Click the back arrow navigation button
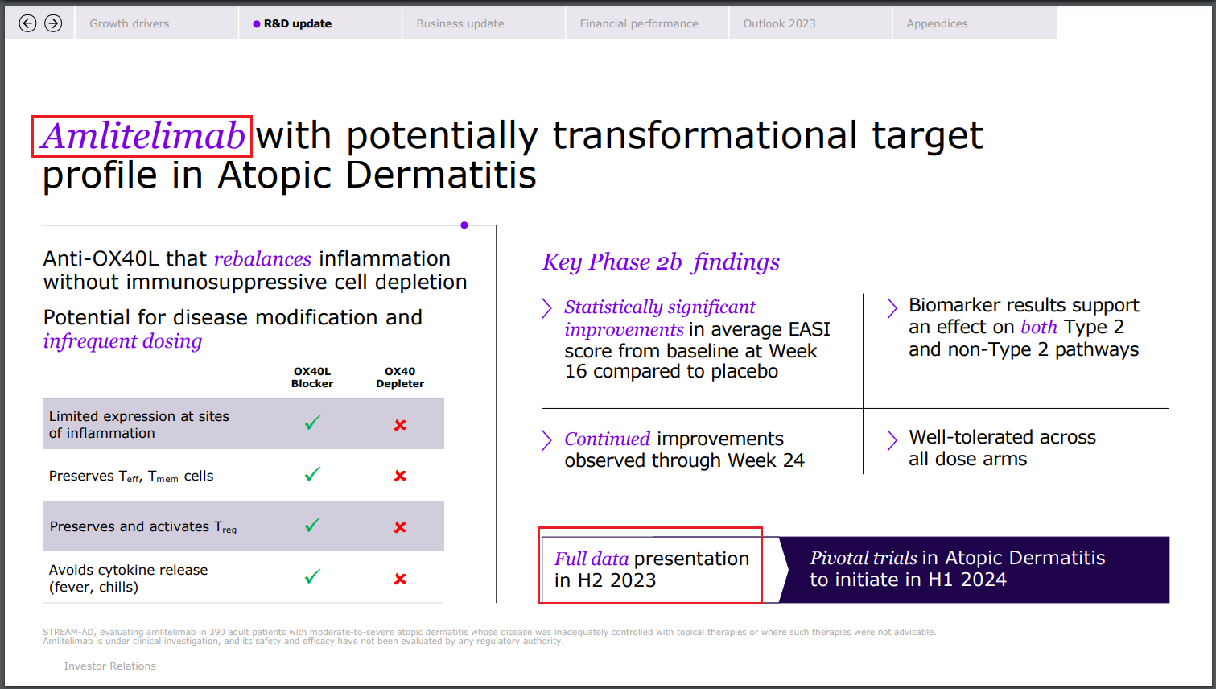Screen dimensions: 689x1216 (27, 23)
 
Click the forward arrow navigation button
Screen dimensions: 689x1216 (53, 23)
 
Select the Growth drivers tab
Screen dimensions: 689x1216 (130, 23)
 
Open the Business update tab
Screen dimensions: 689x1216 (460, 23)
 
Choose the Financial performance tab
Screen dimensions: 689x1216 (639, 23)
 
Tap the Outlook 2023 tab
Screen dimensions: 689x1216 (779, 23)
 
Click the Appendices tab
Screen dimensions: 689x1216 (937, 23)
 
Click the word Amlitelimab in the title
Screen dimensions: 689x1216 (142, 136)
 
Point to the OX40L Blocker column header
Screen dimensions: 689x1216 (312, 378)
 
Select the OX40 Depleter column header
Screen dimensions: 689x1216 (400, 378)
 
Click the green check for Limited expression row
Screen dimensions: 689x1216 (312, 423)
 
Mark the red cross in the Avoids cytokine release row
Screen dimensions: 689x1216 (400, 579)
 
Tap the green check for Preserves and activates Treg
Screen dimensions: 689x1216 (312, 526)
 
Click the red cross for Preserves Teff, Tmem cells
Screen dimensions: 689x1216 (400, 476)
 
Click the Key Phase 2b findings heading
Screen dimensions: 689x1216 (661, 262)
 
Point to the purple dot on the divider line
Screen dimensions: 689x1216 (464, 225)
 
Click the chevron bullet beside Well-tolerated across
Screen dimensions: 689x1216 (892, 439)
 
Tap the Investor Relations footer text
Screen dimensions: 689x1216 (110, 666)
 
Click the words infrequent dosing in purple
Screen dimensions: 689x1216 (122, 341)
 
